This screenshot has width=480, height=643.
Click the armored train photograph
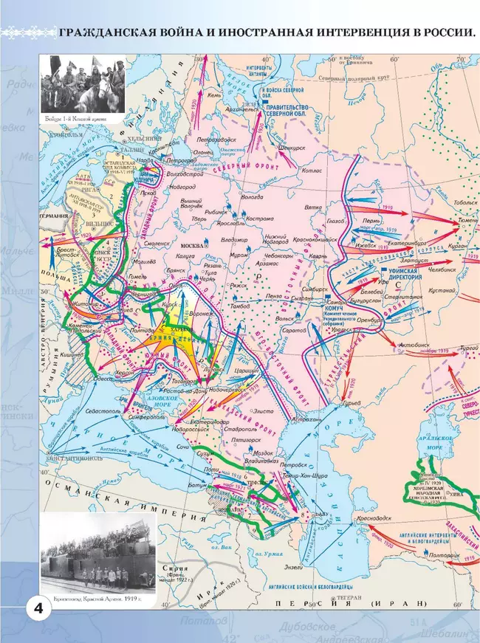97,550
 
